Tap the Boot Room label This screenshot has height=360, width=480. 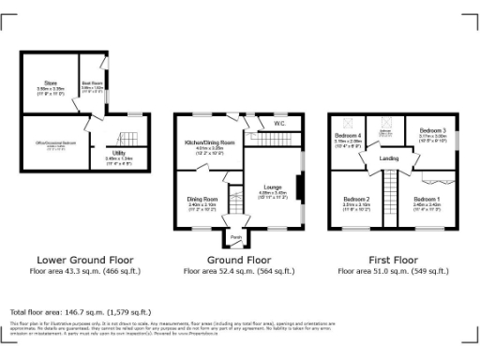91,83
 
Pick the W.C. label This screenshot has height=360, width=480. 279,123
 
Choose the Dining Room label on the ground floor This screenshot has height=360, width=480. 202,199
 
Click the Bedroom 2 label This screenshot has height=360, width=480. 355,199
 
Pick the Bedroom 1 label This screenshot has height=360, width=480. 427,199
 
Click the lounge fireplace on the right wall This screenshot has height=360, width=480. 301,188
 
